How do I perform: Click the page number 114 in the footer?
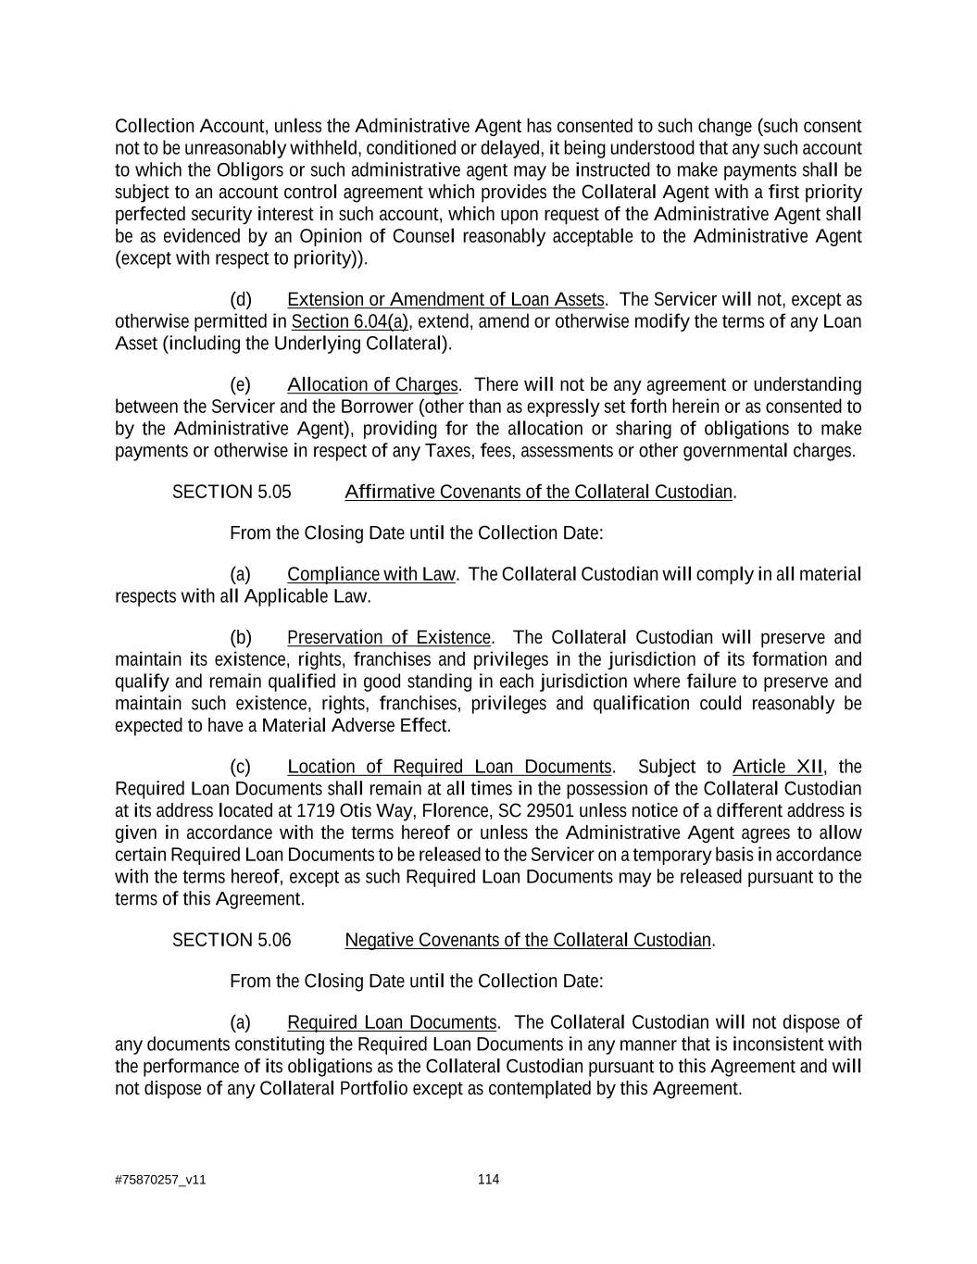point(488,1179)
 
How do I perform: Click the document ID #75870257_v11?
point(160,1180)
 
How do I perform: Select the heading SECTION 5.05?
point(232,492)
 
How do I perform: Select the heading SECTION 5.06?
point(232,940)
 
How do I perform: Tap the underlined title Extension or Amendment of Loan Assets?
point(445,299)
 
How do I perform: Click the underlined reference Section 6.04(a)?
point(350,321)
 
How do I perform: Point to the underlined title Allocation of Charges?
point(372,384)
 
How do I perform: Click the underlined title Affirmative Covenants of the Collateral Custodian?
point(539,492)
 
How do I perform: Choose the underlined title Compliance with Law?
point(371,574)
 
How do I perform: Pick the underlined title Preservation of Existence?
point(389,637)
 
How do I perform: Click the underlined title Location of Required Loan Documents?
point(449,767)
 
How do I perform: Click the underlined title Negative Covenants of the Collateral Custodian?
point(528,940)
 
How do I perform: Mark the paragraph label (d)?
point(241,299)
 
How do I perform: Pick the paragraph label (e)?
point(241,384)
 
